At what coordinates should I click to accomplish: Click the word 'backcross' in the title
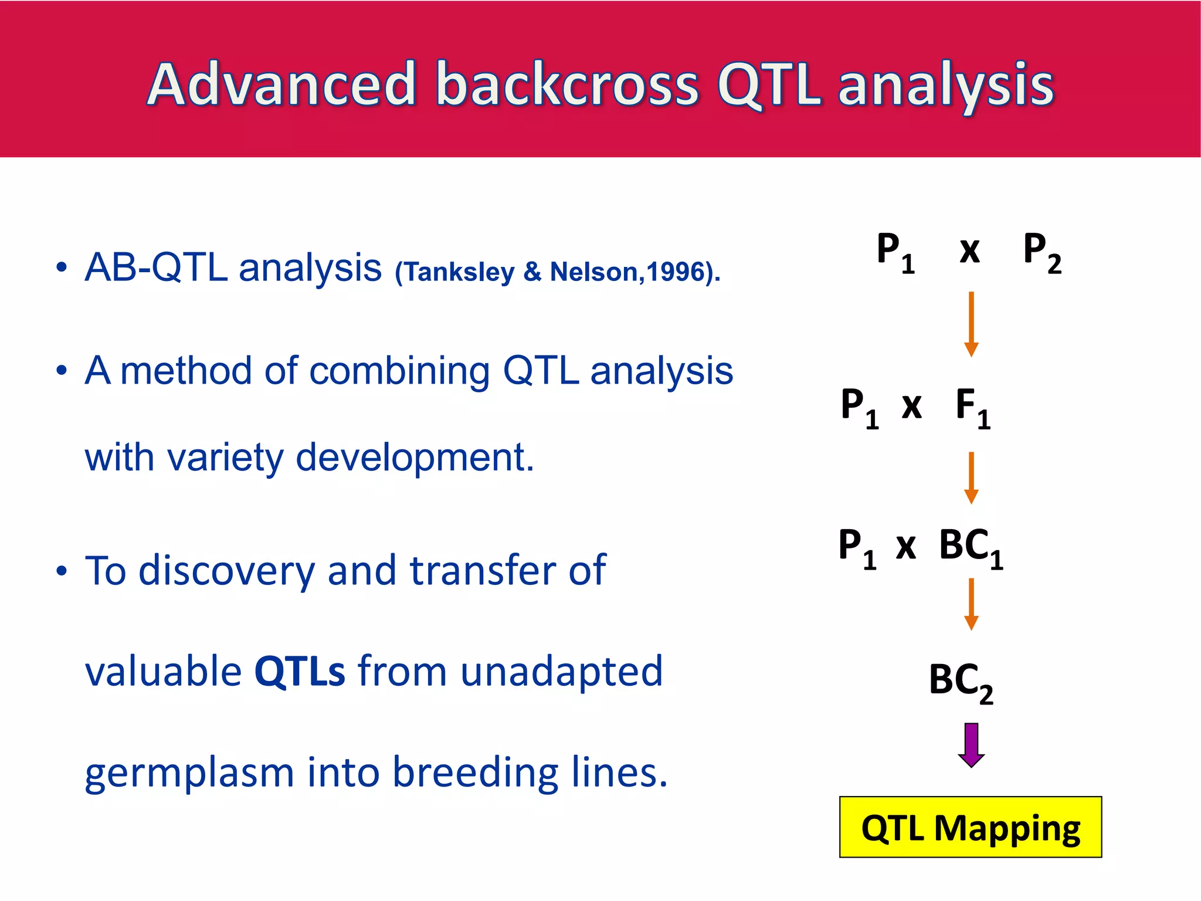pos(567,85)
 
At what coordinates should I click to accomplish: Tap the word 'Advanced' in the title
pos(281,85)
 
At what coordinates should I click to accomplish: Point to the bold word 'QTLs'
pos(300,671)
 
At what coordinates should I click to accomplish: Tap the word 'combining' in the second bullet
pos(399,371)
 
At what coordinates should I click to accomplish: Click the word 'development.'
pos(415,458)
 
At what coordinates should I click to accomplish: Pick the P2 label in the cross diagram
pos(1041,252)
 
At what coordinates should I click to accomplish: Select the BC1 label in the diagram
pos(971,548)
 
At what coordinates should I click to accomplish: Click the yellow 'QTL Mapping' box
pos(970,827)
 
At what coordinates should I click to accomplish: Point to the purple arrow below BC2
pos(971,745)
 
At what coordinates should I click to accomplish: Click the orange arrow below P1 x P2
pos(971,324)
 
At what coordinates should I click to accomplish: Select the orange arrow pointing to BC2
pos(971,604)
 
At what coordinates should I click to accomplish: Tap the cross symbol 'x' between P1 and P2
pos(969,251)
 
